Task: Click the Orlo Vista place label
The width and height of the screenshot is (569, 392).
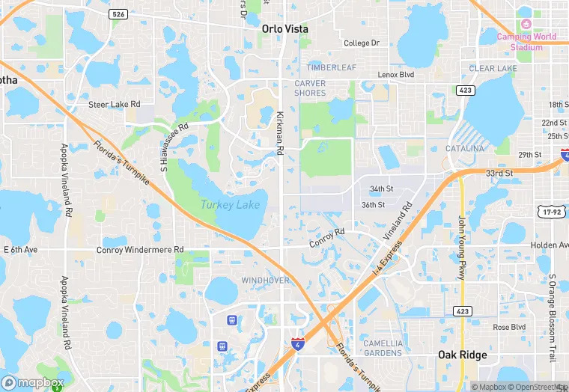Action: pyautogui.click(x=284, y=28)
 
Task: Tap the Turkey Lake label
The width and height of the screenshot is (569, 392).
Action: pyautogui.click(x=229, y=204)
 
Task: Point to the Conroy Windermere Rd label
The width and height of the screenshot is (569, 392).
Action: pyautogui.click(x=140, y=250)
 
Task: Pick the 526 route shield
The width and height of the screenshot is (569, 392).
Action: pyautogui.click(x=118, y=14)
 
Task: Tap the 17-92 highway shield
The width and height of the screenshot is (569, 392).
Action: pyautogui.click(x=553, y=212)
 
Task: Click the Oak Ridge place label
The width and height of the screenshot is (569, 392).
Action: pyautogui.click(x=462, y=355)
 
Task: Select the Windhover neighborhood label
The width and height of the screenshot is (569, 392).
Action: pyautogui.click(x=265, y=280)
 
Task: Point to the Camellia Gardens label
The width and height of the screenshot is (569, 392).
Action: pyautogui.click(x=383, y=348)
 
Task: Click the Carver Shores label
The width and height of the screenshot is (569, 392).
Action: pyautogui.click(x=310, y=88)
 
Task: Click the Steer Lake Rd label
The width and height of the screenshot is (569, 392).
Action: pyautogui.click(x=115, y=104)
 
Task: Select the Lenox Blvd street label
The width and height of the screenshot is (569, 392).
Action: pyautogui.click(x=396, y=75)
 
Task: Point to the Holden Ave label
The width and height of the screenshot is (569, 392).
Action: pyautogui.click(x=550, y=245)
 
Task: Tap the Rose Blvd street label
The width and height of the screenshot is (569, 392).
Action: pyautogui.click(x=508, y=327)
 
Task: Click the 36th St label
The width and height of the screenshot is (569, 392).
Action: pyautogui.click(x=373, y=204)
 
